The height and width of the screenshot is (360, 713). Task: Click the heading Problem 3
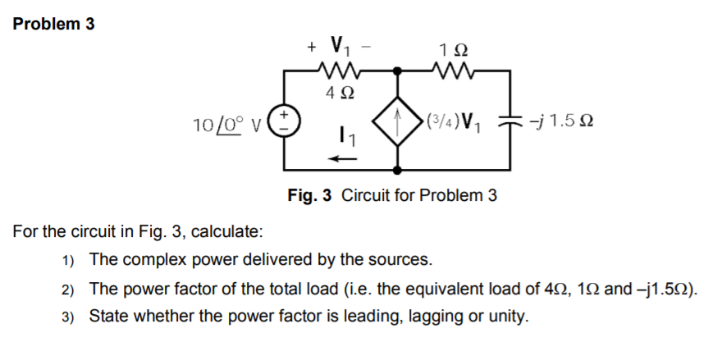(54, 24)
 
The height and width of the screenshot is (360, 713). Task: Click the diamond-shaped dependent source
(399, 123)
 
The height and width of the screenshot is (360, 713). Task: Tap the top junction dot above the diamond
(399, 71)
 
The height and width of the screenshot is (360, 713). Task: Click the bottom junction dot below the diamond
(399, 171)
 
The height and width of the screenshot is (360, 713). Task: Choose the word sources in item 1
(401, 260)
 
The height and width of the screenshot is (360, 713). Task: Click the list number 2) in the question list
(69, 289)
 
